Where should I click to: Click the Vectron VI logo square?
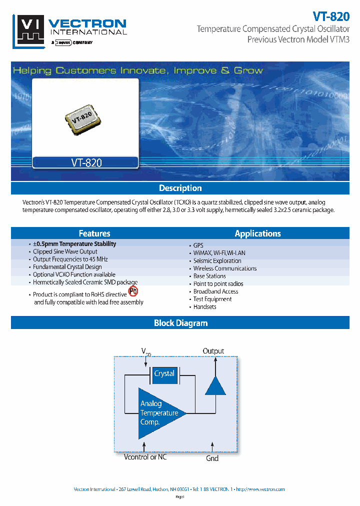[30, 30]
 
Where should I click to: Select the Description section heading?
[180, 188]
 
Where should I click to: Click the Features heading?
[94, 233]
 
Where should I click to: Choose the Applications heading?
[257, 233]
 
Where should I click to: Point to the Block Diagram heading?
[180, 323]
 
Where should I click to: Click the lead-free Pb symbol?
[133, 291]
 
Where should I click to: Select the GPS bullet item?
[198, 245]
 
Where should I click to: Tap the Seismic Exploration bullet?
[217, 260]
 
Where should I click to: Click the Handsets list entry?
[204, 307]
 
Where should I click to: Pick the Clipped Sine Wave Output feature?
[65, 251]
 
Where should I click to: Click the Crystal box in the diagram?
[164, 374]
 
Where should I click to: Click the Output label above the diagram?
[213, 351]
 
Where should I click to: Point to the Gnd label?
[212, 458]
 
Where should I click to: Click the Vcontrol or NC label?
[145, 457]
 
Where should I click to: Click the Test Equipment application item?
[212, 299]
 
